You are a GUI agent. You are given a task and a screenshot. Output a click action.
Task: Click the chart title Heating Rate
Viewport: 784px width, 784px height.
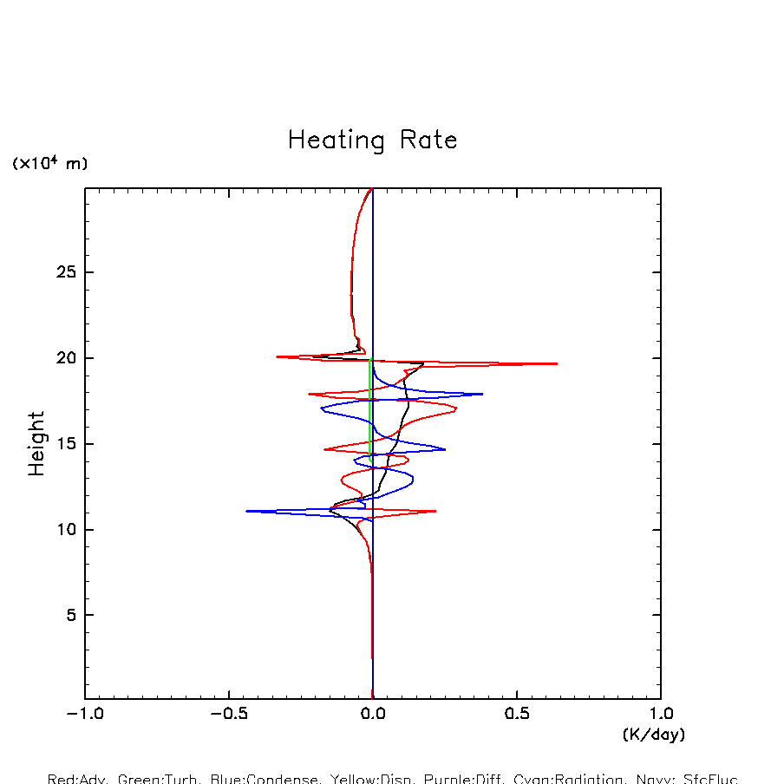click(x=372, y=140)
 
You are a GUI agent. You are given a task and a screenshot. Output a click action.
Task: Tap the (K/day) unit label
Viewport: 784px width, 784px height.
click(x=653, y=735)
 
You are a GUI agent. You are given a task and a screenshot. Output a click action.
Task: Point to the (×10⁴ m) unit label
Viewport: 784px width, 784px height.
click(x=49, y=163)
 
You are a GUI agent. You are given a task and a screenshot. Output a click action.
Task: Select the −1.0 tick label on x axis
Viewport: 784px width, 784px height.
click(x=85, y=715)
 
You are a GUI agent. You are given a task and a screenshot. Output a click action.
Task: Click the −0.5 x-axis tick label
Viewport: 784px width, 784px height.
click(x=229, y=715)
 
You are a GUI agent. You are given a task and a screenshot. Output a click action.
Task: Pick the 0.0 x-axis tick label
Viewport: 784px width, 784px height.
click(x=373, y=715)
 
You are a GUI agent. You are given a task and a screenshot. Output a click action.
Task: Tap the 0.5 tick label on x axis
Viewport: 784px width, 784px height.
click(x=517, y=715)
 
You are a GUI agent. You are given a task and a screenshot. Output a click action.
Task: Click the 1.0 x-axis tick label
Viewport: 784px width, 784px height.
click(x=661, y=715)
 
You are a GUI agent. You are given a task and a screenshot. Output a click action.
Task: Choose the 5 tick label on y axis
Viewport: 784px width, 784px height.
click(x=63, y=615)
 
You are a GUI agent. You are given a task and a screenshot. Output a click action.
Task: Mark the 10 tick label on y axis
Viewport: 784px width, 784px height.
click(x=58, y=529)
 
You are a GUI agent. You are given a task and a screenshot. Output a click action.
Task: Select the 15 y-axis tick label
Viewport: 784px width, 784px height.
click(x=58, y=444)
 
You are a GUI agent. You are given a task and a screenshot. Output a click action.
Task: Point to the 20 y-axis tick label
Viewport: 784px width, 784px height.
click(x=58, y=358)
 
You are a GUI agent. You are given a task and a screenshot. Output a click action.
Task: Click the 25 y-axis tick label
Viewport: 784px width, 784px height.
click(x=58, y=272)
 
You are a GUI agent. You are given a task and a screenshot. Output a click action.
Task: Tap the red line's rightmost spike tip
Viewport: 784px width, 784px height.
click(x=557, y=363)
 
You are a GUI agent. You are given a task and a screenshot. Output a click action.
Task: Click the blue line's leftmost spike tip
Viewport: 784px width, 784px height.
click(x=247, y=511)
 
